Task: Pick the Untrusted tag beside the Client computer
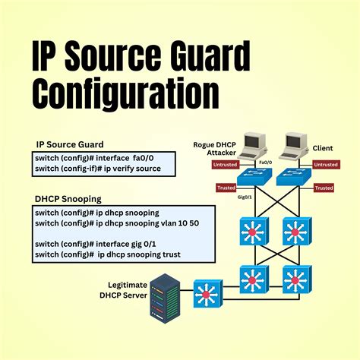point(326,164)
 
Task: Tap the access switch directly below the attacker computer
point(249,178)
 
